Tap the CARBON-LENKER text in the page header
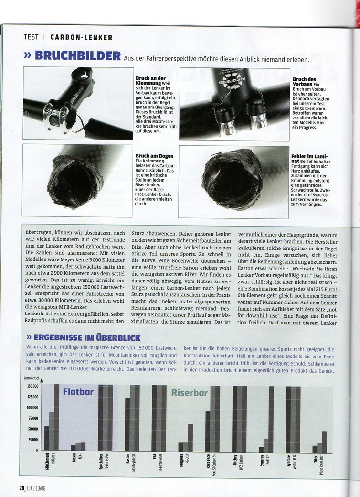click(81, 37)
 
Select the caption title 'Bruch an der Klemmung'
click(150, 80)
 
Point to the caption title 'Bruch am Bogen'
click(154, 156)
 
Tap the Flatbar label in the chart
click(78, 392)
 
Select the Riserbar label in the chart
click(189, 393)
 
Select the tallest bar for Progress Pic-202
click(190, 437)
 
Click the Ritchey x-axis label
click(234, 462)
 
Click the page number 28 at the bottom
click(22, 488)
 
